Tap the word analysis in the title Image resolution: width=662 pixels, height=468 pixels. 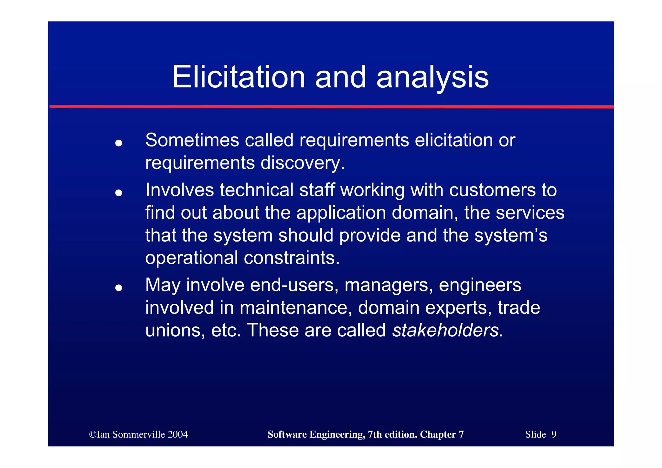(x=432, y=78)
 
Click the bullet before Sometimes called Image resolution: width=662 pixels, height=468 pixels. (x=119, y=143)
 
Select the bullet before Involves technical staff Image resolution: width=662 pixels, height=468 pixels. (x=119, y=193)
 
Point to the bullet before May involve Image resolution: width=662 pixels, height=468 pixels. (x=119, y=288)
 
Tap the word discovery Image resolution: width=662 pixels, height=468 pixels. (x=302, y=163)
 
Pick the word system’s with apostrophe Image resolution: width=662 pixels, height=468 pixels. (x=511, y=235)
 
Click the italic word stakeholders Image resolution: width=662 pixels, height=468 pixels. (x=447, y=330)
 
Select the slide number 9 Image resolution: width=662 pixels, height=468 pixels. (x=554, y=434)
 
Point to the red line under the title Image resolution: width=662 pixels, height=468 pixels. (x=331, y=106)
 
